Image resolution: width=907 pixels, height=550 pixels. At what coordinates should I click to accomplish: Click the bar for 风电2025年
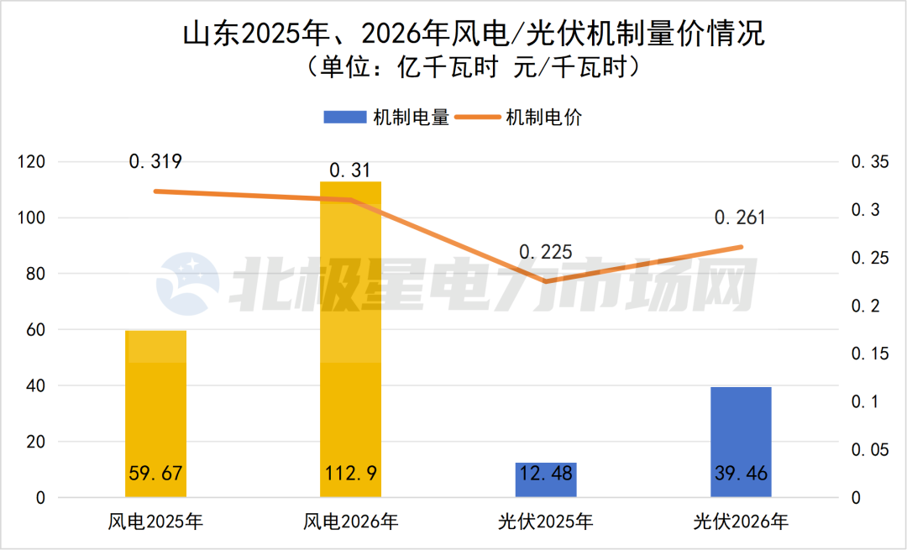click(x=155, y=403)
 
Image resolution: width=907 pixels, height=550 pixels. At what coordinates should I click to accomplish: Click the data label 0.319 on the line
click(x=155, y=161)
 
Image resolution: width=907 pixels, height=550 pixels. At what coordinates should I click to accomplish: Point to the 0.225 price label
click(x=545, y=252)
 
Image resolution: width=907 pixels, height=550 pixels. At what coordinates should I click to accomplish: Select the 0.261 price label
click(x=740, y=218)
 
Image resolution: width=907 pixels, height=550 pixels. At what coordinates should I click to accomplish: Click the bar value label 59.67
click(x=155, y=474)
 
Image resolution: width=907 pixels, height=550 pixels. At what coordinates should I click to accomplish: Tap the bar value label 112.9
click(x=350, y=474)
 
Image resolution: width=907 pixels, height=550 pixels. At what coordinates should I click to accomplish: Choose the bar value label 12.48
click(x=546, y=474)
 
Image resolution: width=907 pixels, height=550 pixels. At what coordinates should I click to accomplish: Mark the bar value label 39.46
click(x=741, y=474)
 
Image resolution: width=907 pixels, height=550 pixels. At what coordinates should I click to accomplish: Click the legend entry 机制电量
click(x=386, y=118)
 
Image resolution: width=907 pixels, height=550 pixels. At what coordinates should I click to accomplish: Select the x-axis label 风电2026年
click(x=350, y=522)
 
